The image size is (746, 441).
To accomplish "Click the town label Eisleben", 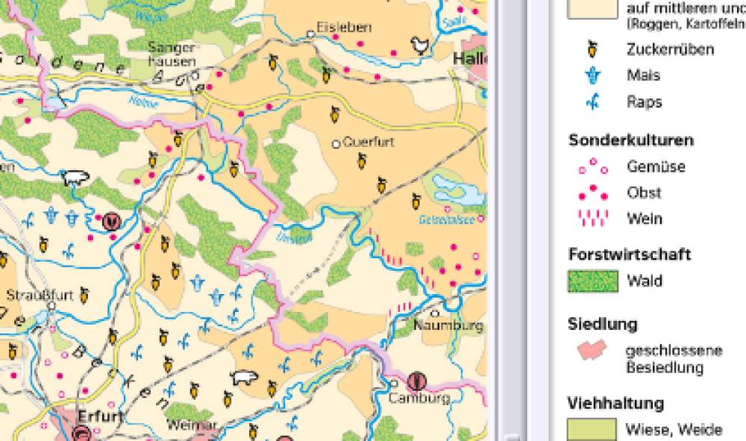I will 345,28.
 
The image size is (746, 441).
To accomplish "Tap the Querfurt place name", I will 368,142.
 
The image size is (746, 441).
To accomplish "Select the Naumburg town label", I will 449,326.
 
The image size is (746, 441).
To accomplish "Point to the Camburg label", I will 419,398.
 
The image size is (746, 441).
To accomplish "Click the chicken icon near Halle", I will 421,46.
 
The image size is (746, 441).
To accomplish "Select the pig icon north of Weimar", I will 242,377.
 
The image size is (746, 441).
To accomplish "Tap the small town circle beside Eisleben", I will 312,34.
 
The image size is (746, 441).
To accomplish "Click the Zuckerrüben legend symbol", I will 593,50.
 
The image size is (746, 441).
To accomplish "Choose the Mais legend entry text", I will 643,75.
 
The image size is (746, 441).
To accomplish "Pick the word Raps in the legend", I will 644,102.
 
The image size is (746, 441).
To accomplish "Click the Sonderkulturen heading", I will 630,140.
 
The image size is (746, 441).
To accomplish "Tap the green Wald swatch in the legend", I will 593,281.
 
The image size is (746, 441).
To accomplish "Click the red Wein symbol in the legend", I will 593,219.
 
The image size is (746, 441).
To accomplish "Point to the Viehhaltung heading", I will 615,404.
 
